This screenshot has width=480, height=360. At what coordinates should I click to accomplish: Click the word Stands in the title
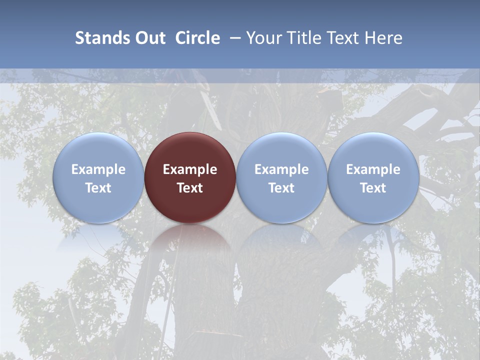point(102,38)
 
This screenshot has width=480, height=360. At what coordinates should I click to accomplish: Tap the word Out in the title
point(149,38)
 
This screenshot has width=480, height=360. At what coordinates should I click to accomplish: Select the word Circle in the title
point(197,38)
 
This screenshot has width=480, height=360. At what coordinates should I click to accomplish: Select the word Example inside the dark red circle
point(190,169)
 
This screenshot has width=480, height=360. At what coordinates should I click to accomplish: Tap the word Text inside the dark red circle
point(190,188)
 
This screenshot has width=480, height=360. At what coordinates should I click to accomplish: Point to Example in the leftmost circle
point(98,169)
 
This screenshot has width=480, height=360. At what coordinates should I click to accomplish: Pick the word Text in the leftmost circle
point(98,188)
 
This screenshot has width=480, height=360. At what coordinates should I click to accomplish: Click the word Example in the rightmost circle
point(373,169)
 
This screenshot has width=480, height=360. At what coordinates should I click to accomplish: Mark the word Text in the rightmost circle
point(373,188)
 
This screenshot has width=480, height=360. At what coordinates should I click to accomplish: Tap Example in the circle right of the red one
point(281,169)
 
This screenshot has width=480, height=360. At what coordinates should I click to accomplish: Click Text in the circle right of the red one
point(281,188)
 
